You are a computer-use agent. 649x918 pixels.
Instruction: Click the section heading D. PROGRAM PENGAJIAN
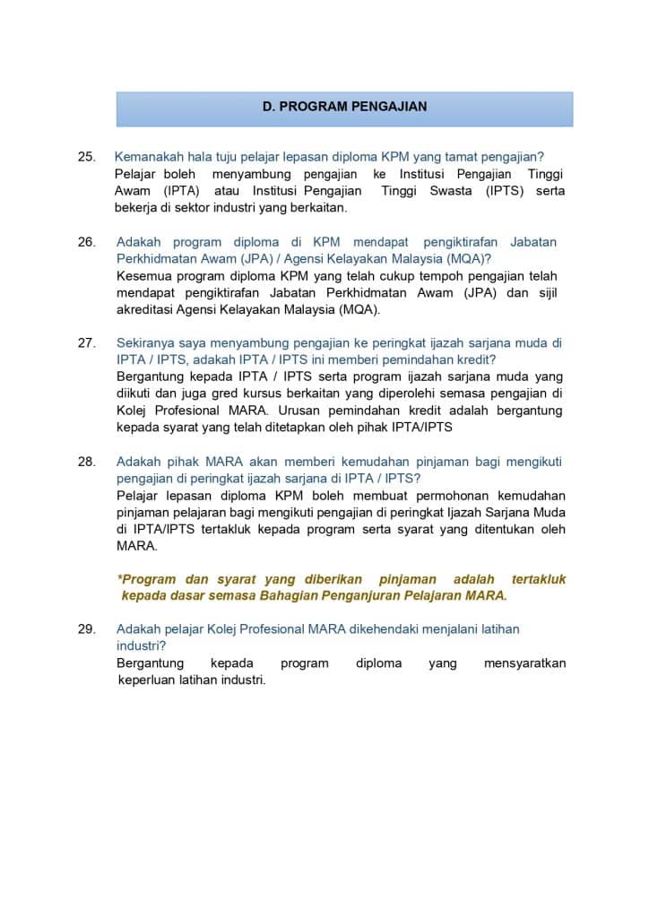pyautogui.click(x=344, y=107)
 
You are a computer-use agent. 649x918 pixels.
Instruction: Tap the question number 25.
pyautogui.click(x=87, y=157)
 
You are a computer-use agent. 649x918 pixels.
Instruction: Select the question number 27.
pyautogui.click(x=87, y=342)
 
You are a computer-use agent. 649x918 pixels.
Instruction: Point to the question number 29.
pyautogui.click(x=87, y=629)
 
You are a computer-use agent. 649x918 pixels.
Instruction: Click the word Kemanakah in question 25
pyautogui.click(x=151, y=157)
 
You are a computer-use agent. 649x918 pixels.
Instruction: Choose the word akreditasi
pyautogui.click(x=152, y=310)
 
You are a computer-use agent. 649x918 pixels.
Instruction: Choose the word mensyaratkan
pyautogui.click(x=524, y=663)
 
